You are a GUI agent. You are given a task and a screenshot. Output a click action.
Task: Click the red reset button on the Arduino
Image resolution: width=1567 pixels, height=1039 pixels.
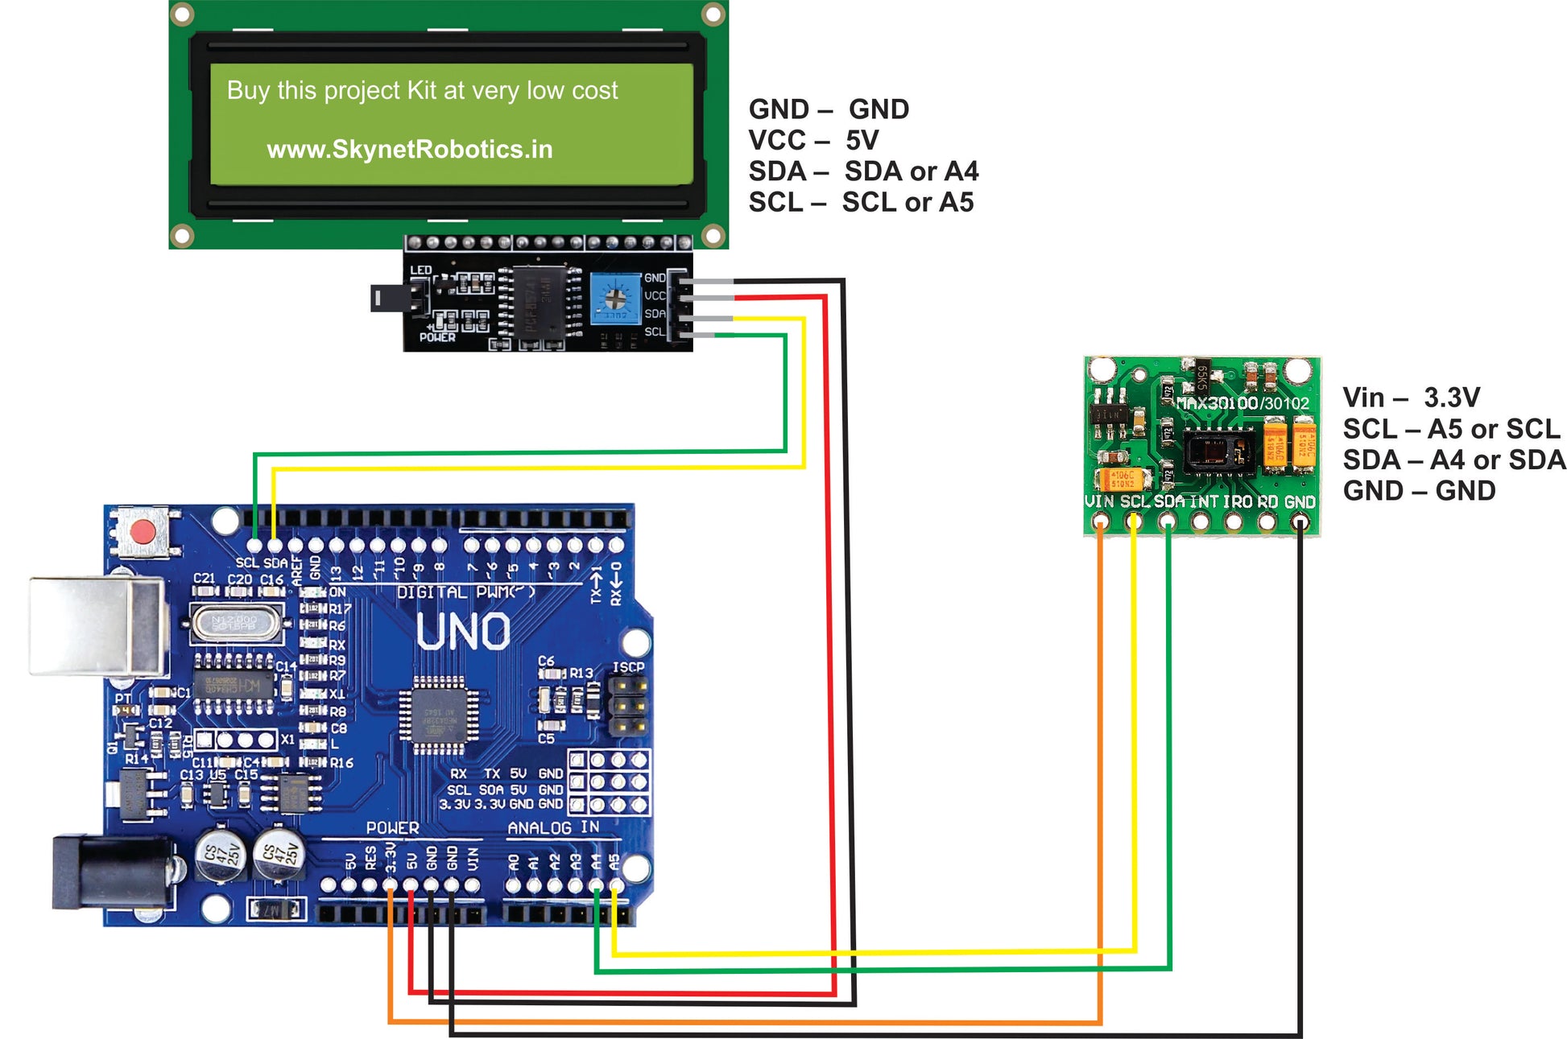tap(143, 532)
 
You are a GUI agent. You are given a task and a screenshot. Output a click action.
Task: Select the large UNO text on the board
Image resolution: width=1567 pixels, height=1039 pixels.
tap(463, 632)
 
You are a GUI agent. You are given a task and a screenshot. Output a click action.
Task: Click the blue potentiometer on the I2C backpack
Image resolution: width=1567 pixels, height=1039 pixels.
tap(614, 299)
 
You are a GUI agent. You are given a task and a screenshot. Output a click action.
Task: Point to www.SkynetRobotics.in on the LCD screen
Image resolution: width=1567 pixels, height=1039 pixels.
tap(409, 150)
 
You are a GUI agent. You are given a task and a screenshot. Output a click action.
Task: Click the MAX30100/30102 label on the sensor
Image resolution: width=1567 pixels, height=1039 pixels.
tap(1242, 403)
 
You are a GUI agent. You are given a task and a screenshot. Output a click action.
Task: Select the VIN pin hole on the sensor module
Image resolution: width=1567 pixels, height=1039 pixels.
tap(1100, 522)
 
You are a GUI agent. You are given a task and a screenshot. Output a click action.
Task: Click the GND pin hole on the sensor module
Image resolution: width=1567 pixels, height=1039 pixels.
tap(1300, 522)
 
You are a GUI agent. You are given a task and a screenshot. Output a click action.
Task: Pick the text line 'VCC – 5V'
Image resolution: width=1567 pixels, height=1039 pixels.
tap(813, 140)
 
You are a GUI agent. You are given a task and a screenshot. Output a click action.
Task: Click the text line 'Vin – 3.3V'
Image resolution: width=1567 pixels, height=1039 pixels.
tap(1411, 398)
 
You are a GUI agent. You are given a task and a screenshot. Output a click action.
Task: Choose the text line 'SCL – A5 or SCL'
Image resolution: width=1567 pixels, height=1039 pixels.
tap(1451, 429)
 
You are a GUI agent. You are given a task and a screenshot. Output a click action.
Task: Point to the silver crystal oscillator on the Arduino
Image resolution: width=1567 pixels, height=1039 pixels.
tap(236, 622)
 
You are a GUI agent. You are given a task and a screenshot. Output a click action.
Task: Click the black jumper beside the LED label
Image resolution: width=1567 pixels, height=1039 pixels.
tap(398, 298)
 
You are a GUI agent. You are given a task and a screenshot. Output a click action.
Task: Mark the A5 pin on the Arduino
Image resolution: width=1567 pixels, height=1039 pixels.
tap(616, 884)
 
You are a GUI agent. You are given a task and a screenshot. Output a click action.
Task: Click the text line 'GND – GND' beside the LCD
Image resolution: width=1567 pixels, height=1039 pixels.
tap(829, 109)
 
